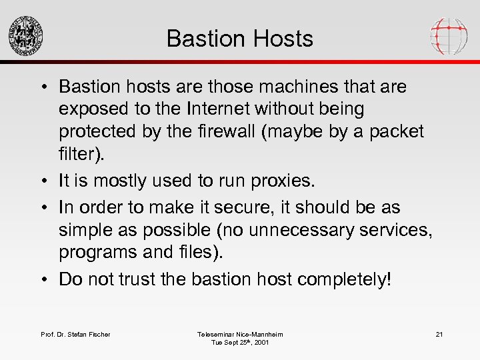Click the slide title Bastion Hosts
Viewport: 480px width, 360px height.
tap(239, 39)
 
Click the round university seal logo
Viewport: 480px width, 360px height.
tap(25, 35)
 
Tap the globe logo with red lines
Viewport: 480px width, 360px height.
tap(449, 35)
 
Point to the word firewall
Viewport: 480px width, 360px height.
tap(232, 131)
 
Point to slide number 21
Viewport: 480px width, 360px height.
tap(439, 334)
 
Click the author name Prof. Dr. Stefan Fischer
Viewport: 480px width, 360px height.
tap(75, 334)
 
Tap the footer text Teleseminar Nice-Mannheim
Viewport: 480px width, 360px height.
tap(240, 334)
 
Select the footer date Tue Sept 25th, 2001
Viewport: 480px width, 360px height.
tap(240, 343)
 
